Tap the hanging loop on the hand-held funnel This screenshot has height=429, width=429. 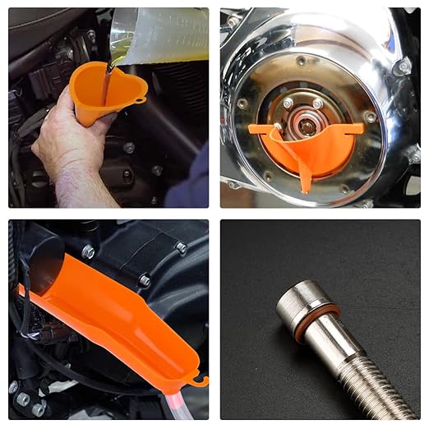(x=141, y=99)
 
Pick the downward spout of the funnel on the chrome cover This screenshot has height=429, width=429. (x=305, y=178)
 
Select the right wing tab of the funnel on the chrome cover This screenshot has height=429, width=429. (x=356, y=128)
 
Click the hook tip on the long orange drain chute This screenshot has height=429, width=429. (x=200, y=381)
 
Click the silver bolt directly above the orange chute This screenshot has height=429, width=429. (x=89, y=252)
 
